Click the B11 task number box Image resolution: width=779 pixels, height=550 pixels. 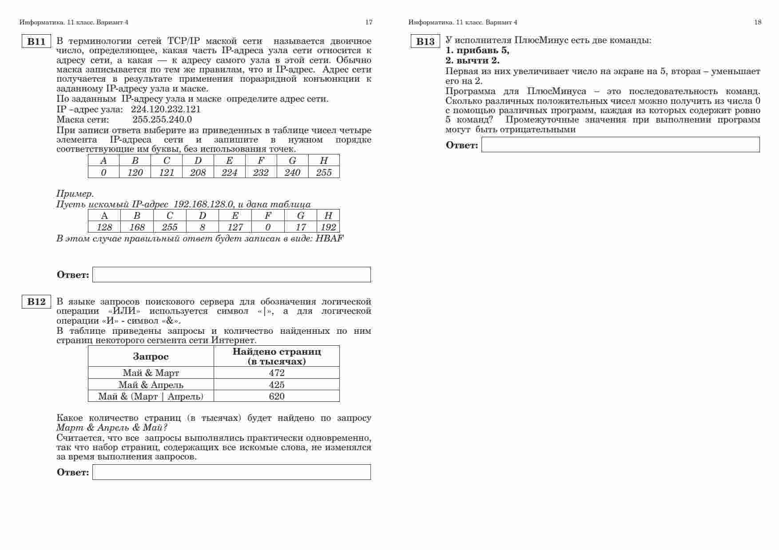tap(36, 42)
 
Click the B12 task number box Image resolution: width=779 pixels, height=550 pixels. tap(36, 302)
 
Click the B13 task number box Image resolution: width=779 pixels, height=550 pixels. tap(425, 42)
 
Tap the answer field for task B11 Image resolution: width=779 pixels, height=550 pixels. tap(231, 275)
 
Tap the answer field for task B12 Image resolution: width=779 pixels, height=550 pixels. tap(231, 472)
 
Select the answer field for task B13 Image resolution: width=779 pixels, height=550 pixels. tap(620, 145)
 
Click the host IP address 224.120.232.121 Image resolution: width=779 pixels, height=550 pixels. tap(166, 109)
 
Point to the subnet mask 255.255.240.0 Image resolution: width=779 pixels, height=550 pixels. tap(162, 119)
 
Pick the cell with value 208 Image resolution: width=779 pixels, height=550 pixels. tap(198, 173)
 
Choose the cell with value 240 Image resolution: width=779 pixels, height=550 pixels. tap(292, 173)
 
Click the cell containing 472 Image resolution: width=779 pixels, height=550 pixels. tap(277, 373)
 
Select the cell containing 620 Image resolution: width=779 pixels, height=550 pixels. tap(277, 396)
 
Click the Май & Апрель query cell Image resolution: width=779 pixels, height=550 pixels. tap(151, 385)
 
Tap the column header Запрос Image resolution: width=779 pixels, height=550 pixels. tap(151, 356)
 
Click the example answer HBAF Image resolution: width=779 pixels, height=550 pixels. tap(329, 238)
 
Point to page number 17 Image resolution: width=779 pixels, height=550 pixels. tap(369, 22)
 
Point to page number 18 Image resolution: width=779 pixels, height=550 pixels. tap(758, 22)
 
